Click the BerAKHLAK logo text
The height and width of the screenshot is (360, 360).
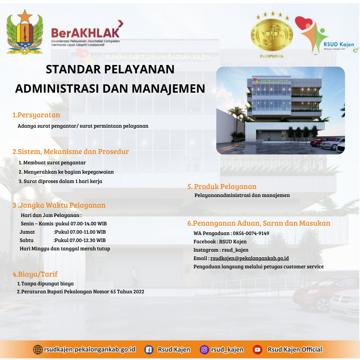85,33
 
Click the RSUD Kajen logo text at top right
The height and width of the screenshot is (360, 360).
339,44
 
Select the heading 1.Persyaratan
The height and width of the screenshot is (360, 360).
36,115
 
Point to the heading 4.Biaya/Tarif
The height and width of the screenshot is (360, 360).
35,274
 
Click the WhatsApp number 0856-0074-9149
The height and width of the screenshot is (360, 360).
251,233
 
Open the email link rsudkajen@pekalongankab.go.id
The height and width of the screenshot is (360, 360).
250,258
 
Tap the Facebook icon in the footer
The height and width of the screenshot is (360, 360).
149,350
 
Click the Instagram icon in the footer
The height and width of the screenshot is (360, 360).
204,350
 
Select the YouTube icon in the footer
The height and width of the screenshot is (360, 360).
257,350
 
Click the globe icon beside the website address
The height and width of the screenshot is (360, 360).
38,350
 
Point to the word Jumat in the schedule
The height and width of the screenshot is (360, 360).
27,232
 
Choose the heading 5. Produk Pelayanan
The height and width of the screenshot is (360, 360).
222,186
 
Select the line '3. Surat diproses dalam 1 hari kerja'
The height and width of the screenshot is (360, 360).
60,181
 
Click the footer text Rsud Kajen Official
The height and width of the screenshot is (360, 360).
295,350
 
